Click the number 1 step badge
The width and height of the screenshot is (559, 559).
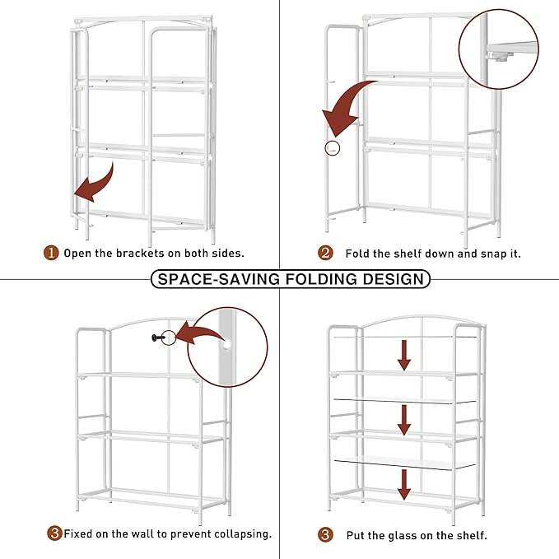tap(51, 253)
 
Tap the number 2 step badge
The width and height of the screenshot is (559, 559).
tap(325, 253)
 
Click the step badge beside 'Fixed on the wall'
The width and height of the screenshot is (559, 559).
tap(54, 533)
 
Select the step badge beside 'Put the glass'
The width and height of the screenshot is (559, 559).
tap(325, 535)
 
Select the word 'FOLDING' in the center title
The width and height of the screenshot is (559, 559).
tap(322, 279)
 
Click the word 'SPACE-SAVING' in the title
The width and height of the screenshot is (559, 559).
tap(218, 279)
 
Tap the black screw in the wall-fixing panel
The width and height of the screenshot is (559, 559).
tap(158, 338)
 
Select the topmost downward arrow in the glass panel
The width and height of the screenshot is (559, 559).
tap(404, 355)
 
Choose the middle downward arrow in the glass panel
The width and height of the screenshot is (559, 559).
tap(404, 420)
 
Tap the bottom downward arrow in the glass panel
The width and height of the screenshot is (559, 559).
tap(404, 484)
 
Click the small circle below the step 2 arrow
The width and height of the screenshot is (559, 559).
tap(333, 148)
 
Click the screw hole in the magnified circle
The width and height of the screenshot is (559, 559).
tap(226, 345)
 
